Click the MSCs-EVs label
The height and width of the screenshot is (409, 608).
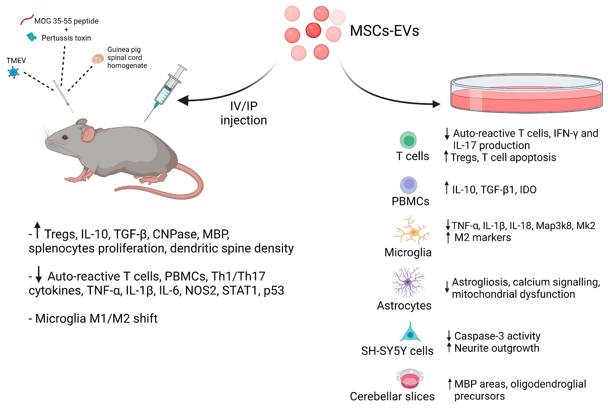coord(384,31)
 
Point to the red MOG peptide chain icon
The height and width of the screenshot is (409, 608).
coord(27,19)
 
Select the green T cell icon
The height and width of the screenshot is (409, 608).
coord(408,140)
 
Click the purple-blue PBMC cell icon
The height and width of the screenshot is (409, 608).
coord(409,185)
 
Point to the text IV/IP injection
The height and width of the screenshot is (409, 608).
coord(244,113)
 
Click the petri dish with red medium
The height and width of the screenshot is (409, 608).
coord(526,93)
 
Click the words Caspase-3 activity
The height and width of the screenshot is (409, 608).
coord(497,336)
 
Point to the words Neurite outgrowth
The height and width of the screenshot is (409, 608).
coord(497,348)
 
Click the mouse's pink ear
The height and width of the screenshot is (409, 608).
coord(88,133)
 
